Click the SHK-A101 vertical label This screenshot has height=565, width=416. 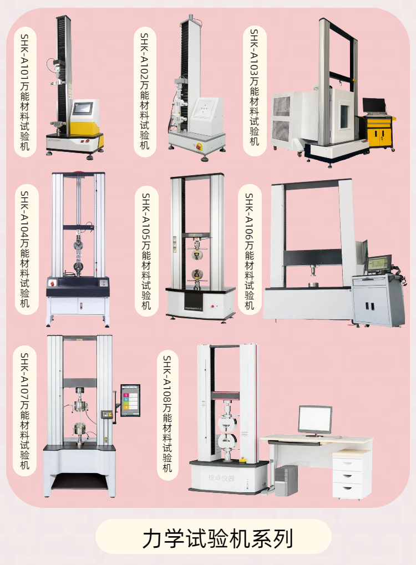click(x=26, y=92)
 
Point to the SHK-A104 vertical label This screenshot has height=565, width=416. click(x=26, y=249)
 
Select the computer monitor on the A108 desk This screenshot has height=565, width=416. click(x=315, y=419)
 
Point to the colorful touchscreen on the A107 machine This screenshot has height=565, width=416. click(x=130, y=400)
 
